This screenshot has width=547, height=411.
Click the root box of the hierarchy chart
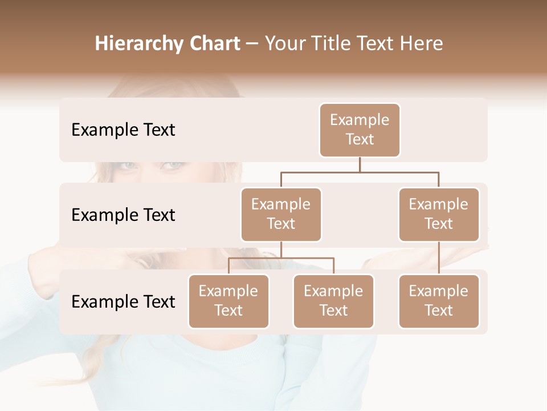click(x=360, y=130)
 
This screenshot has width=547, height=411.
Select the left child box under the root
click(x=281, y=214)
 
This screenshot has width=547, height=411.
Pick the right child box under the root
click(x=439, y=214)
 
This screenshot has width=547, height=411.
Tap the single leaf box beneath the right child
click(x=439, y=301)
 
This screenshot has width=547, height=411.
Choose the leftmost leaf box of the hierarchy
click(x=228, y=301)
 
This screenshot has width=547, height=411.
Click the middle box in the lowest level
click(x=333, y=301)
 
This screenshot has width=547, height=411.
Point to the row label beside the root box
click(x=123, y=130)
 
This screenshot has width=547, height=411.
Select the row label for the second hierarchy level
click(x=123, y=215)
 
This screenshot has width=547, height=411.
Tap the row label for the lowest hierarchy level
click(x=123, y=301)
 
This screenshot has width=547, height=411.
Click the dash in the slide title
click(x=252, y=44)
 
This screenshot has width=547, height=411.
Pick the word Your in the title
click(x=287, y=44)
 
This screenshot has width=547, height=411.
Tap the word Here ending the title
click(x=422, y=44)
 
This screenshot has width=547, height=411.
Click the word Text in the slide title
click(x=377, y=44)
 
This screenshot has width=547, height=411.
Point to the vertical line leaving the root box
click(x=360, y=164)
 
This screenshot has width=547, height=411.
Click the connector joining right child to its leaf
click(x=439, y=258)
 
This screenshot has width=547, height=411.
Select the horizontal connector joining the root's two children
click(x=360, y=172)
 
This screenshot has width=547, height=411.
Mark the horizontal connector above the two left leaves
click(x=281, y=258)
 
